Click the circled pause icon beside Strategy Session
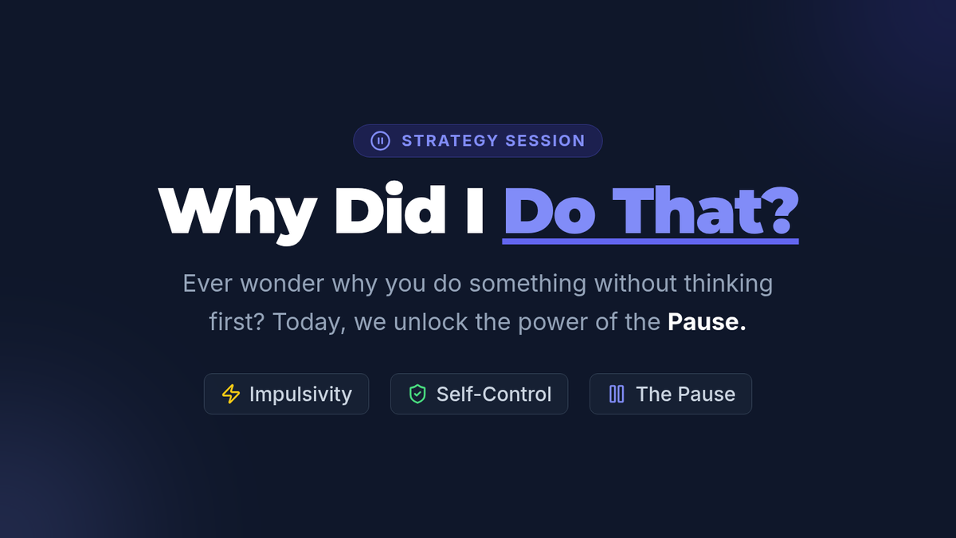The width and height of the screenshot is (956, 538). click(x=380, y=141)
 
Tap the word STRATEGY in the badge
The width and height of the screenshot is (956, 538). click(x=450, y=141)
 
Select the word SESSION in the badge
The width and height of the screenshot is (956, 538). click(x=545, y=141)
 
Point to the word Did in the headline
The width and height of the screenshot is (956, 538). click(x=390, y=209)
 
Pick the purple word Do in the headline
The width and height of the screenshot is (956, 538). click(x=550, y=211)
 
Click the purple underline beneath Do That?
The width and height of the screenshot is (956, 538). click(x=650, y=242)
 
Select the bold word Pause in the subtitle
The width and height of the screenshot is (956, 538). click(x=703, y=322)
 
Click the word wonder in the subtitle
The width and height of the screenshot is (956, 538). click(x=282, y=284)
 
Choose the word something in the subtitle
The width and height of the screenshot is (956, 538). click(x=527, y=285)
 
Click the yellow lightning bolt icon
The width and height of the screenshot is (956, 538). click(x=231, y=394)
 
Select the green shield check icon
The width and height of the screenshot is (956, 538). click(x=417, y=394)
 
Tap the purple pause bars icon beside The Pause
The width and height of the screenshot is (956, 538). click(x=617, y=394)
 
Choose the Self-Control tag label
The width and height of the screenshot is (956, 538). click(x=494, y=394)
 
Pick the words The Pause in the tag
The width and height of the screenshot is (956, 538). click(x=685, y=394)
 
